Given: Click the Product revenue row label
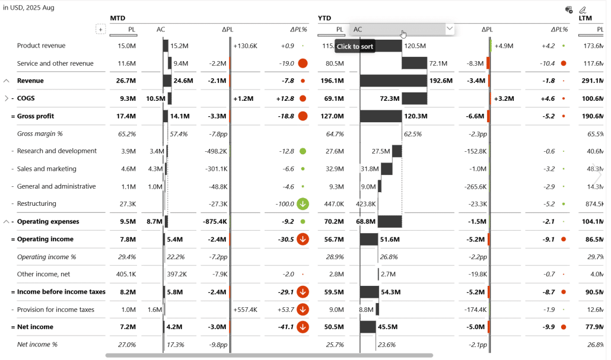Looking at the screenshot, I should pyautogui.click(x=41, y=46).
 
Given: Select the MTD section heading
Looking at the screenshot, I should pyautogui.click(x=118, y=18).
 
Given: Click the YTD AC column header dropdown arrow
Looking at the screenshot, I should pyautogui.click(x=449, y=28).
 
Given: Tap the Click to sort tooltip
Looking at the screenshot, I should pyautogui.click(x=355, y=46).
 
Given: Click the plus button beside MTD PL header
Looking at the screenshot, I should pyautogui.click(x=100, y=29).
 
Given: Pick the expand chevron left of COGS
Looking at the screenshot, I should pyautogui.click(x=7, y=98).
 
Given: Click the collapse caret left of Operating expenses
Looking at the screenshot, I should pyautogui.click(x=7, y=222).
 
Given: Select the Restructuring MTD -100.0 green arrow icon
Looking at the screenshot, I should pyautogui.click(x=303, y=204).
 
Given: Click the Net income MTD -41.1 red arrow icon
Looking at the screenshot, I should pyautogui.click(x=303, y=327).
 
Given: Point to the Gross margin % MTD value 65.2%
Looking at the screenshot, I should pyautogui.click(x=127, y=134).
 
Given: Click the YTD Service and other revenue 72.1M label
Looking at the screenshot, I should pyautogui.click(x=438, y=63).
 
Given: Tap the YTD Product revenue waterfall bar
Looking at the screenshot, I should pyautogui.click(x=381, y=46).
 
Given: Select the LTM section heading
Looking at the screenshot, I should pyautogui.click(x=585, y=18).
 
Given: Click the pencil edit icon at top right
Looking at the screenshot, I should pyautogui.click(x=583, y=9).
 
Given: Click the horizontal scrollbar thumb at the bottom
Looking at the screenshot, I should pyautogui.click(x=269, y=356).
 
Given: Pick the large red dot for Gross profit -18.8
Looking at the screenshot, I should pyautogui.click(x=303, y=116).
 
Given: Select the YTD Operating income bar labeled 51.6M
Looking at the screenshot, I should pyautogui.click(x=369, y=239).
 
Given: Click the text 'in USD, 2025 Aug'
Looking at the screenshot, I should pyautogui.click(x=28, y=8).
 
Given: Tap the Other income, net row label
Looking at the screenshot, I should pyautogui.click(x=44, y=274).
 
